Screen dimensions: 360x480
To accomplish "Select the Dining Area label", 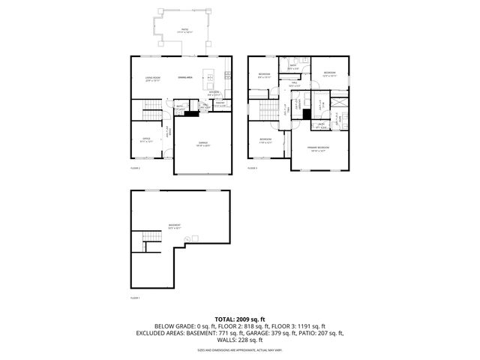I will [186, 77].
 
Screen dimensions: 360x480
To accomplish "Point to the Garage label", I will [202, 144].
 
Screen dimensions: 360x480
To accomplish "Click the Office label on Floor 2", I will [147, 139].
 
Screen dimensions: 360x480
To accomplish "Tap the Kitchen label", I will [214, 93].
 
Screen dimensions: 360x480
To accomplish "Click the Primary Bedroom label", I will [318, 149].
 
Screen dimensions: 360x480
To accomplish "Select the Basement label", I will [174, 224].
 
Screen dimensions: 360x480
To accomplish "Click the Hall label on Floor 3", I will [294, 85].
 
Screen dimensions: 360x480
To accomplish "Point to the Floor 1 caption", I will [135, 298].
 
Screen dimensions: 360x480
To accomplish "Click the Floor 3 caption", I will [252, 169].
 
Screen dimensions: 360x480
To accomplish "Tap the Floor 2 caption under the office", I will [135, 169].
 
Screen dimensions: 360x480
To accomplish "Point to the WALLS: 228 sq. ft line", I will [240, 339].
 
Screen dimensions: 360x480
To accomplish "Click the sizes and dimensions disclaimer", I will [240, 350].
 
